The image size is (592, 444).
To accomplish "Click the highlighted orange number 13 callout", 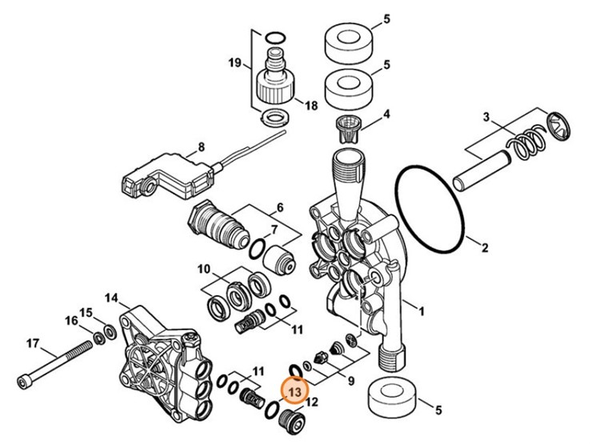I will pyautogui.click(x=294, y=391).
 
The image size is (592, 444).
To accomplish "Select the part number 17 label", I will pyautogui.click(x=33, y=344).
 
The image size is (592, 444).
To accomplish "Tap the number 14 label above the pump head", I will pyautogui.click(x=112, y=298).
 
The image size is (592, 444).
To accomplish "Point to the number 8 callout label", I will pyautogui.click(x=202, y=146).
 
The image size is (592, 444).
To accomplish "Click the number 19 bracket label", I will pyautogui.click(x=234, y=62).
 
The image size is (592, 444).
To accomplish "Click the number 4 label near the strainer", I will pyautogui.click(x=386, y=114).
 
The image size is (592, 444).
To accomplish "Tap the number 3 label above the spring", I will pyautogui.click(x=486, y=118).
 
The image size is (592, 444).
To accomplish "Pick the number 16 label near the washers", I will pyautogui.click(x=73, y=321).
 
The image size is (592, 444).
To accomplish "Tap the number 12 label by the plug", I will pyautogui.click(x=313, y=402).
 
